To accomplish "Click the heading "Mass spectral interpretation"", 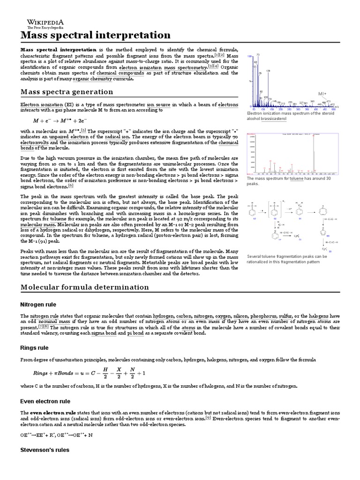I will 95,35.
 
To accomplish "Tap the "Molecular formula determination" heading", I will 84,287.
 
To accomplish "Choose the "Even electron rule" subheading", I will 45,401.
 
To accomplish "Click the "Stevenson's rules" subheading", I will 45,450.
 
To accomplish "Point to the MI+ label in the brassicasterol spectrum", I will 322,94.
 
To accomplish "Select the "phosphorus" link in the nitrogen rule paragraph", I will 264,316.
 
